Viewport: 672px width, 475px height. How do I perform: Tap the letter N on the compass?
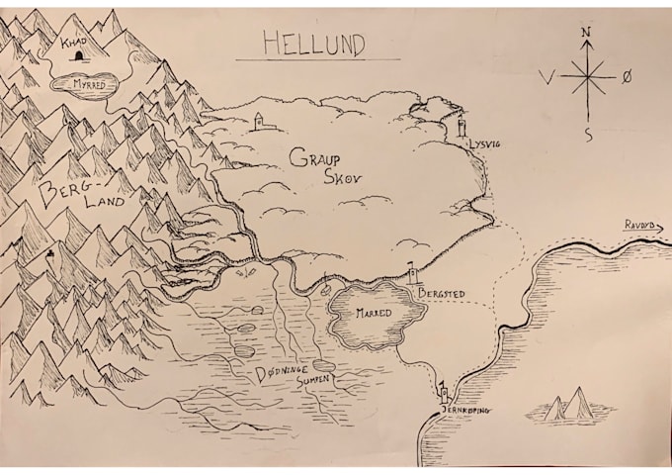click(x=586, y=33)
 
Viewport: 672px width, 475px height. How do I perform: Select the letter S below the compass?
click(x=589, y=135)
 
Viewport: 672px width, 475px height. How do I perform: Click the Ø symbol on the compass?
click(x=627, y=76)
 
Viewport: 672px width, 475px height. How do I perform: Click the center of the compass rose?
click(x=587, y=76)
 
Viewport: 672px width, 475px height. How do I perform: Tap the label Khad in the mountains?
click(x=73, y=44)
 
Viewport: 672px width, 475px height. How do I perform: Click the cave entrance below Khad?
click(x=79, y=57)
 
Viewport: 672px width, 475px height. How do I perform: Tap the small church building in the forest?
click(x=259, y=121)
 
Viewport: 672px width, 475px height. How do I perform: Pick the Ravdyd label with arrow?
click(x=639, y=227)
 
